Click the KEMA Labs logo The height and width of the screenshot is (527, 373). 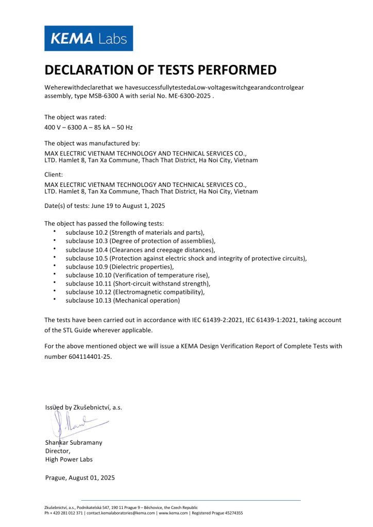pos(88,38)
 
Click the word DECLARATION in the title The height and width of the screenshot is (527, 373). pos(93,71)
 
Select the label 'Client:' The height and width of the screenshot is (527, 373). pos(54,174)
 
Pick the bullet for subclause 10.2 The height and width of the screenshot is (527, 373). pos(55,232)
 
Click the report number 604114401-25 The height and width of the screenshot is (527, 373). pos(78,356)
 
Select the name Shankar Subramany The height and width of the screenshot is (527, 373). pos(74,442)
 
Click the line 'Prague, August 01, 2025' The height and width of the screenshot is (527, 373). pos(80,478)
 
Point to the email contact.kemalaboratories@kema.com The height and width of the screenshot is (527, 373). pos(120,513)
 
